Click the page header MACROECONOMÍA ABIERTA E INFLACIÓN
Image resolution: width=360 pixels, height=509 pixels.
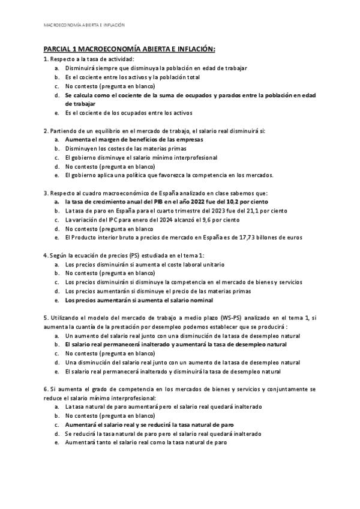85,25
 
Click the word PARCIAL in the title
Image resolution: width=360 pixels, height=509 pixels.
58,49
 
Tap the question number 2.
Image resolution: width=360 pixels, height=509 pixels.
46,130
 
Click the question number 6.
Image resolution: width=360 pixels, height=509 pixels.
46,390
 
